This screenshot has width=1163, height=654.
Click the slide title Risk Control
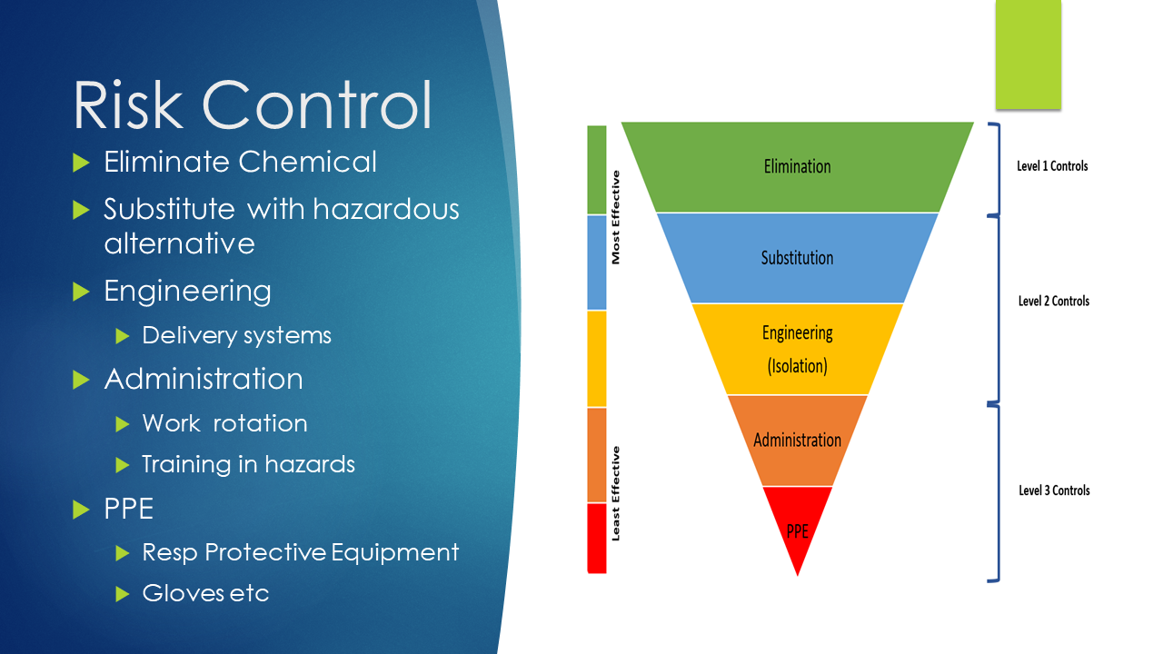(x=252, y=104)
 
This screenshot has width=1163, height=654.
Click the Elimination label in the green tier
(x=797, y=166)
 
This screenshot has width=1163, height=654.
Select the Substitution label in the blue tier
(x=797, y=258)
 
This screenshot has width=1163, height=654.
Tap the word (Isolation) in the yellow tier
(x=797, y=366)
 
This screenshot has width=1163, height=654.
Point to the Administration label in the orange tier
(x=797, y=440)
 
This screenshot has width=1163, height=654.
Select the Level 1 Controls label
(x=1052, y=166)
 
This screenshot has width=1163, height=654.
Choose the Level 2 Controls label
(x=1053, y=301)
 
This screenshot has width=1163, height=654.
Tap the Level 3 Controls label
(x=1053, y=490)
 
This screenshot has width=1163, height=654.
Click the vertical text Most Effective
(x=616, y=217)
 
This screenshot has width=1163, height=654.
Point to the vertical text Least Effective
(x=616, y=493)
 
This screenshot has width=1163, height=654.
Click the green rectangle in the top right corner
(x=1028, y=54)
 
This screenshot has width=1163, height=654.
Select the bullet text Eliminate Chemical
(x=240, y=162)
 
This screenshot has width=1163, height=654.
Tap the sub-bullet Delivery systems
(x=236, y=335)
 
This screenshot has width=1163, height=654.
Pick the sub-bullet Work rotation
(x=224, y=423)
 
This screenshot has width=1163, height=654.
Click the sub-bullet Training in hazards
(x=248, y=464)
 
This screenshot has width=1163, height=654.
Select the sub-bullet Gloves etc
(x=205, y=593)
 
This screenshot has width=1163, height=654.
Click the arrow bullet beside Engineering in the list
(x=82, y=292)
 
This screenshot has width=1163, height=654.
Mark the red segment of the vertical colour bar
(x=596, y=538)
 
